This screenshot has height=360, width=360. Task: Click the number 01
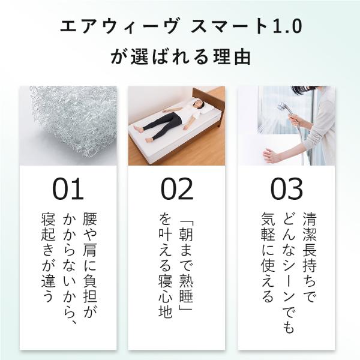(x=68, y=189)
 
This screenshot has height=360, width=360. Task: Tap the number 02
(x=177, y=189)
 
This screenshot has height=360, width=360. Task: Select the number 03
(x=286, y=189)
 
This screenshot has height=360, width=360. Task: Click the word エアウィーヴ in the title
(x=119, y=27)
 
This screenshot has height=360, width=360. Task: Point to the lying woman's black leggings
(x=161, y=125)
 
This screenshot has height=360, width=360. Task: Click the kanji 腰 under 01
(x=89, y=219)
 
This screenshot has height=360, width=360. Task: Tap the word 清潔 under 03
(x=310, y=227)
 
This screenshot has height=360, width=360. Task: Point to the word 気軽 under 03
(x=268, y=227)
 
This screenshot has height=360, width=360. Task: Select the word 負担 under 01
(x=89, y=288)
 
